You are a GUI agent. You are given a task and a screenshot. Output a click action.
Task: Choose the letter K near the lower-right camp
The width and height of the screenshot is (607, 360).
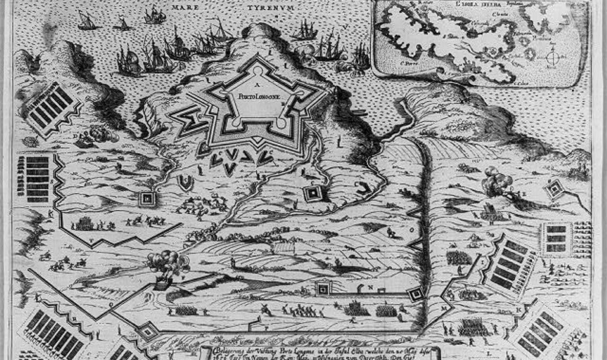[x=519, y=309]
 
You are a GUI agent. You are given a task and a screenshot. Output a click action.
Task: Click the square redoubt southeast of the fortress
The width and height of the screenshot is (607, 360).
[x=312, y=193]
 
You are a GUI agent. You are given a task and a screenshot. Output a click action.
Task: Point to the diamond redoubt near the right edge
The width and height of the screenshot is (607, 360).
[x=554, y=189]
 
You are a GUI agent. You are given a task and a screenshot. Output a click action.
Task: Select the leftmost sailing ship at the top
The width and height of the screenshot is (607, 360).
[x=87, y=20]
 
